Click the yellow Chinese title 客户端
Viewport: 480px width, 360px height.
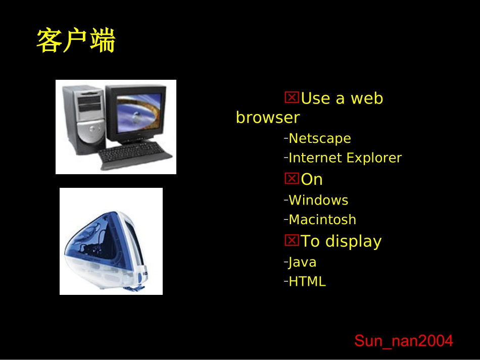pyautogui.click(x=76, y=41)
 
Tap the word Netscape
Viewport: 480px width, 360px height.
pyautogui.click(x=319, y=138)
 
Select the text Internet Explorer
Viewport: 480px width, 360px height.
pyautogui.click(x=345, y=158)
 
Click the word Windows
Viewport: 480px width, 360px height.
pyautogui.click(x=318, y=200)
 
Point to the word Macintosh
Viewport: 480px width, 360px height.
pyautogui.click(x=322, y=220)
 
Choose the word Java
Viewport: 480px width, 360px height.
pyautogui.click(x=302, y=262)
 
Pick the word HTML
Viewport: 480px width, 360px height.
pyautogui.click(x=307, y=282)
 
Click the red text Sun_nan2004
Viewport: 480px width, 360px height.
pyautogui.click(x=404, y=341)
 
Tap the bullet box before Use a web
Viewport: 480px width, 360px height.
pyautogui.click(x=292, y=97)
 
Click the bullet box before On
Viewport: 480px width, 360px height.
pyautogui.click(x=292, y=178)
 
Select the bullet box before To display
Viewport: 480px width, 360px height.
pyautogui.click(x=292, y=240)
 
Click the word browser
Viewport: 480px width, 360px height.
pyautogui.click(x=268, y=118)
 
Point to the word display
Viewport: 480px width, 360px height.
pyautogui.click(x=353, y=241)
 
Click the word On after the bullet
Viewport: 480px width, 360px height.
pyautogui.click(x=312, y=180)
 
